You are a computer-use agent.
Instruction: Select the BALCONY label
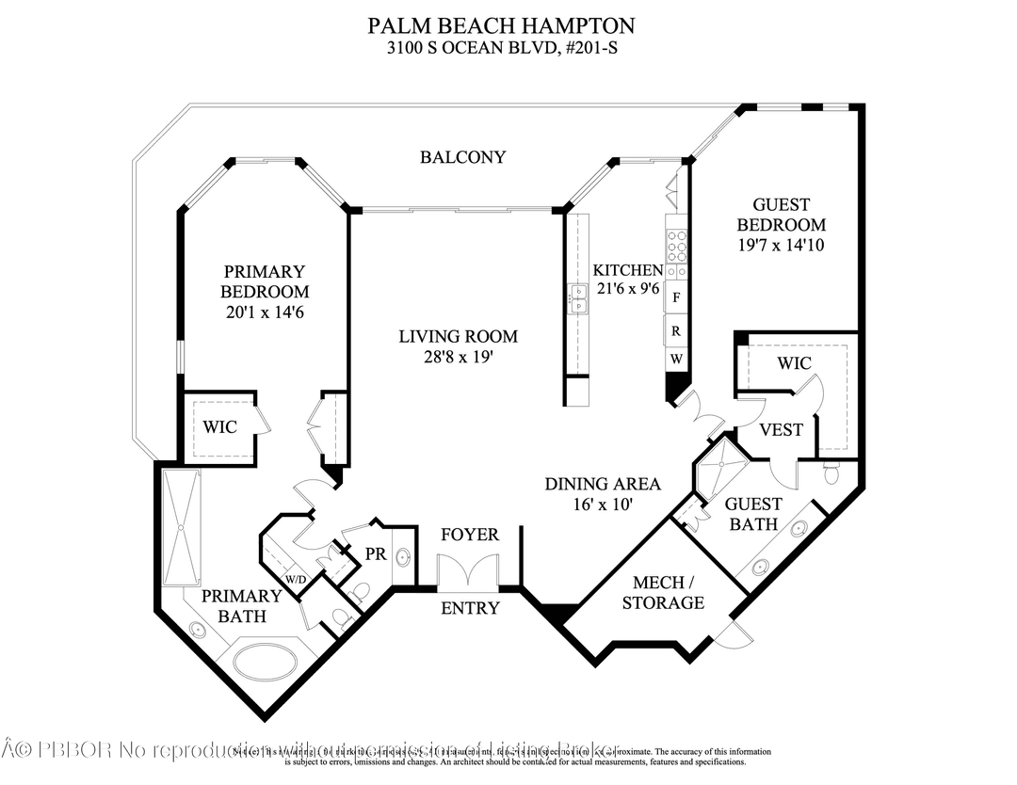(x=462, y=157)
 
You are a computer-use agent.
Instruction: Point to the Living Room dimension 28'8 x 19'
(x=458, y=357)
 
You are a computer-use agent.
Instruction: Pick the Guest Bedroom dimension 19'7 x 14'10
(x=781, y=246)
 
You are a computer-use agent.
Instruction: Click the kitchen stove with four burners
(x=676, y=245)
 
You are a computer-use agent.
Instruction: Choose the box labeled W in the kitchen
(x=676, y=360)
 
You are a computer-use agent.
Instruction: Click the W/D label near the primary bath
(x=296, y=579)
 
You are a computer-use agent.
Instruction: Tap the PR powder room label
(x=376, y=554)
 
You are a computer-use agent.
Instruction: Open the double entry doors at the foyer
(x=467, y=572)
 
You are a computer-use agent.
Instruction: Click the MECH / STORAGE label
(x=663, y=592)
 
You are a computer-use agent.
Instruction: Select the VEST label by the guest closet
(x=781, y=429)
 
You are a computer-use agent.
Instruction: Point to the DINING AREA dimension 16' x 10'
(x=603, y=505)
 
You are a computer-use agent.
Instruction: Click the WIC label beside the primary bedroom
(x=220, y=426)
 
